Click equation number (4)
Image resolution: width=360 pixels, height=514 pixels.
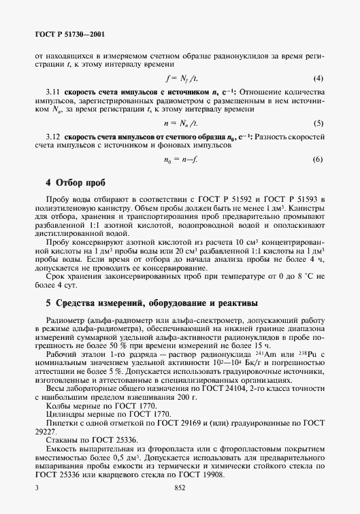pyautogui.click(x=317, y=78)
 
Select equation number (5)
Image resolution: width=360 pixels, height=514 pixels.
pyautogui.click(x=317, y=123)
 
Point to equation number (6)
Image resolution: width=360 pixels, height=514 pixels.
pyautogui.click(x=317, y=160)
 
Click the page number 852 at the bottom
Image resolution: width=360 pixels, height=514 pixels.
pyautogui.click(x=180, y=488)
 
